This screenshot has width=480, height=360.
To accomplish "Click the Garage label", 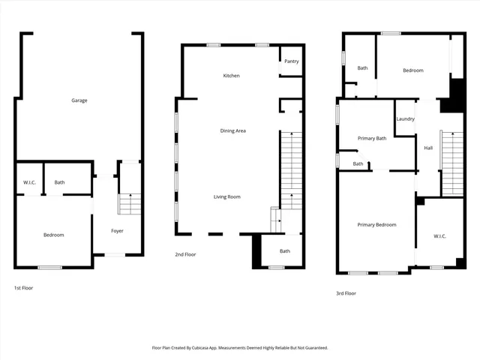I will (x=79, y=100).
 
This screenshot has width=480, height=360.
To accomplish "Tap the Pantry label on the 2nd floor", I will (x=292, y=61).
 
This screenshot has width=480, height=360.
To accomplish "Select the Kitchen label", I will (x=231, y=76).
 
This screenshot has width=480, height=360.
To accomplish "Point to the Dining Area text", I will (x=232, y=130).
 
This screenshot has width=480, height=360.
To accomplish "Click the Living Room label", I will (x=226, y=196).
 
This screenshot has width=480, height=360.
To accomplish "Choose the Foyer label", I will (x=117, y=230).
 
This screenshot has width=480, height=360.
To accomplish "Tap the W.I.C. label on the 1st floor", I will (x=30, y=181).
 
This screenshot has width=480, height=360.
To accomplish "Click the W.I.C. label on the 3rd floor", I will (x=439, y=236).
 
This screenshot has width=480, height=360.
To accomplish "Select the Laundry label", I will (x=405, y=118).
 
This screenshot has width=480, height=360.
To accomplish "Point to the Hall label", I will (x=427, y=148).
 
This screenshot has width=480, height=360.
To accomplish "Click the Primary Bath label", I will (x=371, y=138).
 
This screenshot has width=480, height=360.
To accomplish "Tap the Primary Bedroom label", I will (x=376, y=224).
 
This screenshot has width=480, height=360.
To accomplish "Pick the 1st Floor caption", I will (x=23, y=287).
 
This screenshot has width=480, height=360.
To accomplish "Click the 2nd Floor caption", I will (x=185, y=254).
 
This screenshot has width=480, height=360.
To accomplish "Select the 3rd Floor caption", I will (x=346, y=293).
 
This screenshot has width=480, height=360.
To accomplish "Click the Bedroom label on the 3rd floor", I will (x=412, y=70).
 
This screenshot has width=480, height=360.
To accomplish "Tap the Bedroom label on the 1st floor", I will (x=53, y=235).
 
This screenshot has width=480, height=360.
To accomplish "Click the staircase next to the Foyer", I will (x=130, y=193).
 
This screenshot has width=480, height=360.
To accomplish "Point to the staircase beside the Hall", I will (x=451, y=161).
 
